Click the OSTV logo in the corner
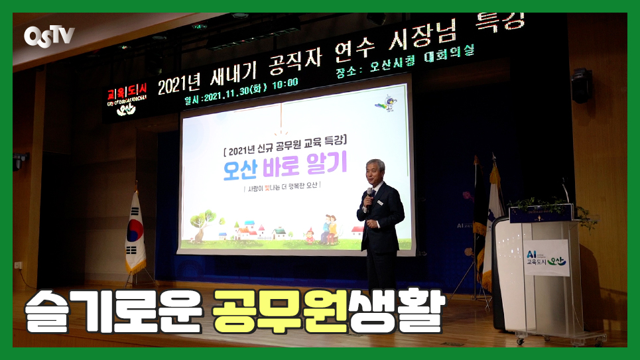(x=49, y=35)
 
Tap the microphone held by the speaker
(x=369, y=193)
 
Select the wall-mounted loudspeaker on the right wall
(x=581, y=86)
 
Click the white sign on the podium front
(x=546, y=257)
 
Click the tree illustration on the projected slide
(x=203, y=223)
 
